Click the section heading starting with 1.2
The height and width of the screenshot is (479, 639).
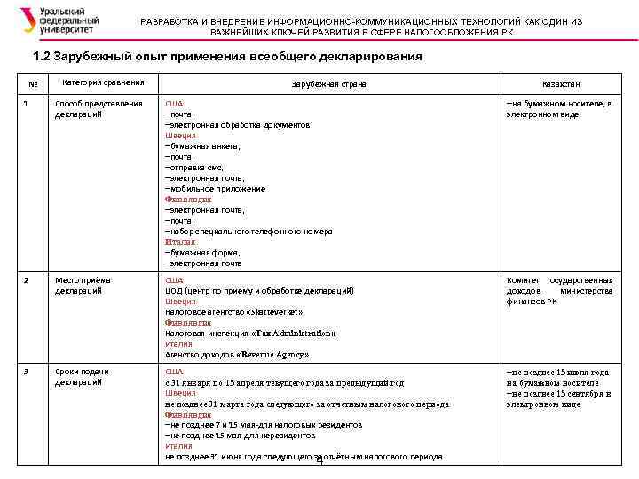point(226,57)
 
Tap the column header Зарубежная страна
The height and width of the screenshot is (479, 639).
point(328,83)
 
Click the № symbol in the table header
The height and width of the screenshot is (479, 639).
point(33,84)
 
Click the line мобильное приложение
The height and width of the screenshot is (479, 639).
point(216,189)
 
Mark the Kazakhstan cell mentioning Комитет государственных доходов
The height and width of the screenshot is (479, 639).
point(559,291)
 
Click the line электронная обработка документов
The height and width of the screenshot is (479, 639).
point(238,125)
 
